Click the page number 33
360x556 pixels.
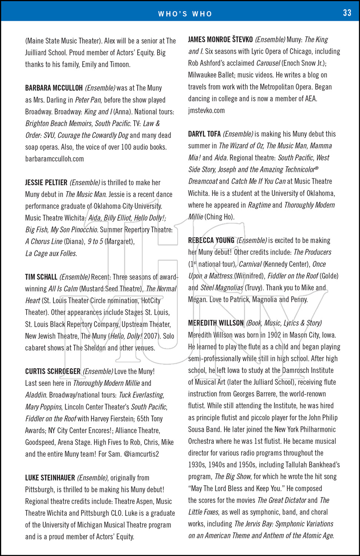point(347,13)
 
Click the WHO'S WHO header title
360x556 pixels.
point(185,14)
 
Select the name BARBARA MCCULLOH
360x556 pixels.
point(54,88)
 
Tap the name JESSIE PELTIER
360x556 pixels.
point(46,182)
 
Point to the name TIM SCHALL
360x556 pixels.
point(41,277)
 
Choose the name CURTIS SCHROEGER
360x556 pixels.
point(53,371)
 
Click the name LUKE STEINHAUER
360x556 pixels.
point(50,478)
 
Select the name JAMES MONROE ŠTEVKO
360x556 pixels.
point(220,39)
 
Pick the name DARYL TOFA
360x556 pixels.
point(204,134)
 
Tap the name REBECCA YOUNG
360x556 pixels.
point(211,240)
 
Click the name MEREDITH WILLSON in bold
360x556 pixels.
point(216,323)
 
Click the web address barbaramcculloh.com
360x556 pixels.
point(55,159)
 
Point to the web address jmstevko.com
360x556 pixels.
point(206,110)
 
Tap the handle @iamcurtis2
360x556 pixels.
point(141,454)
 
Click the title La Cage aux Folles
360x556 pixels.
point(51,254)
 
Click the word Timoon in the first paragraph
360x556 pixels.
point(120,64)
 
